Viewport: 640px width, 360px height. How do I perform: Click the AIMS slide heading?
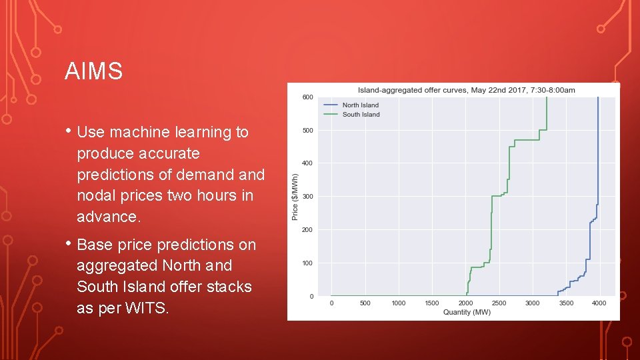[93, 71]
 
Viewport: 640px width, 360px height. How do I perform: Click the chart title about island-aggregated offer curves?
[466, 90]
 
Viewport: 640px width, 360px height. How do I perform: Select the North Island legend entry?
[360, 105]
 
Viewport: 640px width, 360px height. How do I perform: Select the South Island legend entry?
[361, 114]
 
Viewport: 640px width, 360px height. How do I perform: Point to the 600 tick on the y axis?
[307, 97]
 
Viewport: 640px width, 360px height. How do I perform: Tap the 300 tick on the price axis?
[307, 197]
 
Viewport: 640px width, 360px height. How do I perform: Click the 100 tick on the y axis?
[307, 263]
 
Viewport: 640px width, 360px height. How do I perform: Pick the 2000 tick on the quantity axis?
[465, 303]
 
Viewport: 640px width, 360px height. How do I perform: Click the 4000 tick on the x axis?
[599, 303]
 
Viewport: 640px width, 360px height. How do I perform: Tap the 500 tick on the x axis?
[365, 303]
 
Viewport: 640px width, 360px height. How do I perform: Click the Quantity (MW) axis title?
[466, 312]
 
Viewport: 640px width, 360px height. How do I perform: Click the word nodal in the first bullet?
[96, 196]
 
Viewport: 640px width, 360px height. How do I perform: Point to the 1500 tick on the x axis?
[432, 303]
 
